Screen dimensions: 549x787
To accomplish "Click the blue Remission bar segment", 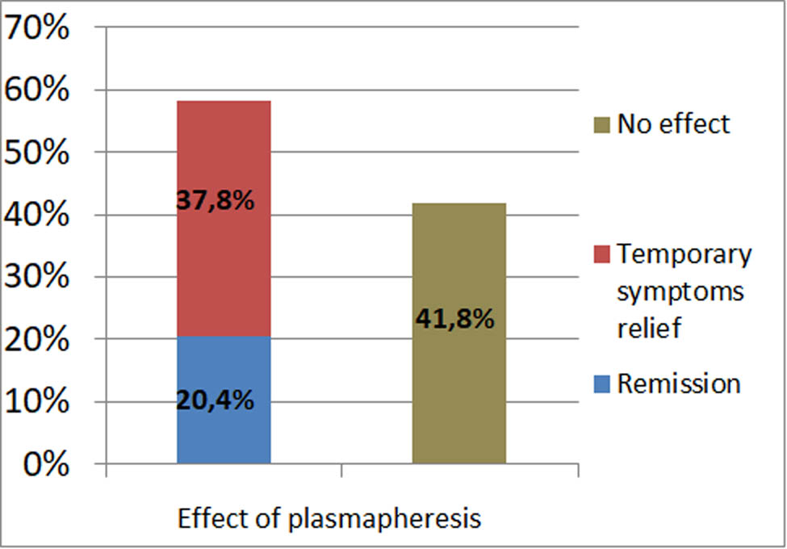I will click(x=224, y=428).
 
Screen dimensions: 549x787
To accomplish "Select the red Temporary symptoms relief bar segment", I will click(x=224, y=258).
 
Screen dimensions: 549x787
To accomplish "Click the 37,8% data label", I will click(x=216, y=200).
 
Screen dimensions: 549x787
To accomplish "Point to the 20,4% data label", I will click(x=216, y=399).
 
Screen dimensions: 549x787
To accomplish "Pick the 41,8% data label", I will click(x=454, y=319).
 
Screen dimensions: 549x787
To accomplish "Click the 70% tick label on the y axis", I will click(x=36, y=28).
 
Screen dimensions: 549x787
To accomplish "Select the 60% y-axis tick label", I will click(x=36, y=90).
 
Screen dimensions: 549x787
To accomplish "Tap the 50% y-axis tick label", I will click(x=36, y=153).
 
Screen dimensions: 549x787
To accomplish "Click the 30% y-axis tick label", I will click(x=36, y=277).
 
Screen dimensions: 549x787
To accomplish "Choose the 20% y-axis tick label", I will click(x=36, y=339).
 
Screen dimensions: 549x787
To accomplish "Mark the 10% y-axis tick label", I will click(x=36, y=401).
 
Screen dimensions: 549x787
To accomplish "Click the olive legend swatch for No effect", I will click(x=603, y=125).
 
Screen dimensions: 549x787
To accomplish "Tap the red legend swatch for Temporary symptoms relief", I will click(x=603, y=255).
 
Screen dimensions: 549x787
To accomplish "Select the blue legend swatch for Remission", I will click(x=603, y=384).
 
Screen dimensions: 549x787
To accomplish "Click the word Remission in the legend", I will click(x=678, y=383).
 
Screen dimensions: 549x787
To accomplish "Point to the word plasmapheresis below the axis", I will click(x=384, y=518).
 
